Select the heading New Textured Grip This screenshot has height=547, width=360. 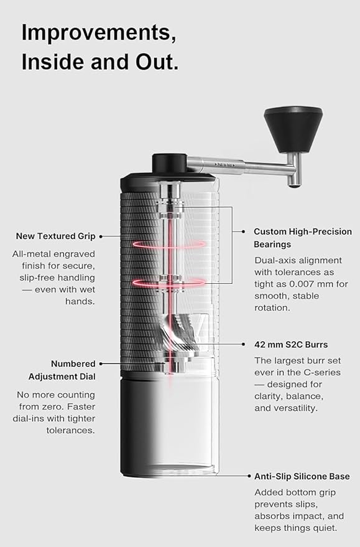[x=56, y=236]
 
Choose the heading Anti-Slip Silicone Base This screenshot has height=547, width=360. [x=302, y=477]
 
